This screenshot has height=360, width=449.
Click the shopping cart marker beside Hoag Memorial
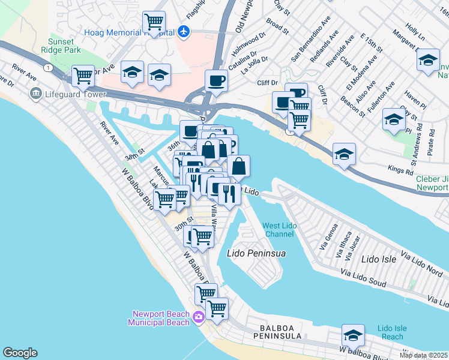[x=154, y=23]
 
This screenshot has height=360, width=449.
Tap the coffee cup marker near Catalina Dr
[x=216, y=80]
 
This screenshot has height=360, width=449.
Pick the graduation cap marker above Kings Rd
[x=344, y=154]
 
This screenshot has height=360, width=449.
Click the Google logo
[x=20, y=353]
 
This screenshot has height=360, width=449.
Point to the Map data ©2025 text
[x=424, y=355]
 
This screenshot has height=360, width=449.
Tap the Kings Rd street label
[x=400, y=171]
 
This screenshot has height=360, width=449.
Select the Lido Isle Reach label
[x=393, y=332]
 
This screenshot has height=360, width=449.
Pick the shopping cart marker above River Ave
[x=83, y=76]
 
